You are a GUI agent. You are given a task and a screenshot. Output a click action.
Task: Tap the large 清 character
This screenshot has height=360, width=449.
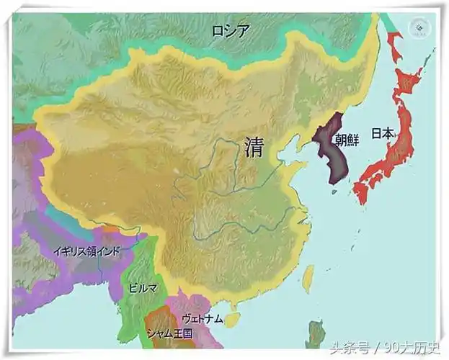click(254, 147)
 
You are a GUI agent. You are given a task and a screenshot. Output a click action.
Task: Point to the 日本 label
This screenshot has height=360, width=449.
click(382, 133)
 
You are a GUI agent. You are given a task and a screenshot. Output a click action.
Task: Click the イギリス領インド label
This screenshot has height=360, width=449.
click(86, 251)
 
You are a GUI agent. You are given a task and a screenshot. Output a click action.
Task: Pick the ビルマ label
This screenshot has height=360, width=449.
click(142, 287)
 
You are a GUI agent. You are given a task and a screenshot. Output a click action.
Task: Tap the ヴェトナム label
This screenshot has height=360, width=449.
click(203, 318)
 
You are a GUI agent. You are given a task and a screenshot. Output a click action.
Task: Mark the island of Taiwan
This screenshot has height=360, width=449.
click(308, 278)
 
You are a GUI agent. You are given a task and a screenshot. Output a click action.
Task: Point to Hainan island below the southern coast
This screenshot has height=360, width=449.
click(231, 318)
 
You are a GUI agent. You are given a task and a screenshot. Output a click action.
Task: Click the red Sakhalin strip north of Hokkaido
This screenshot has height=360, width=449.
click(395, 43)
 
